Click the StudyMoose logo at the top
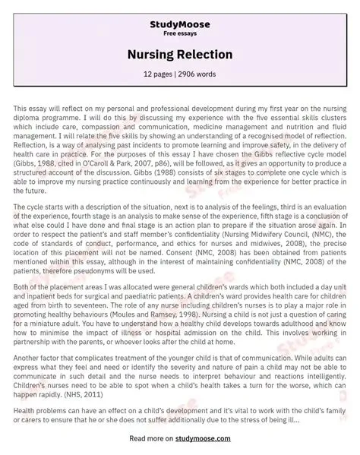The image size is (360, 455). coord(179,14)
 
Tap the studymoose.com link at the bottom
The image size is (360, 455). coord(217,438)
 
